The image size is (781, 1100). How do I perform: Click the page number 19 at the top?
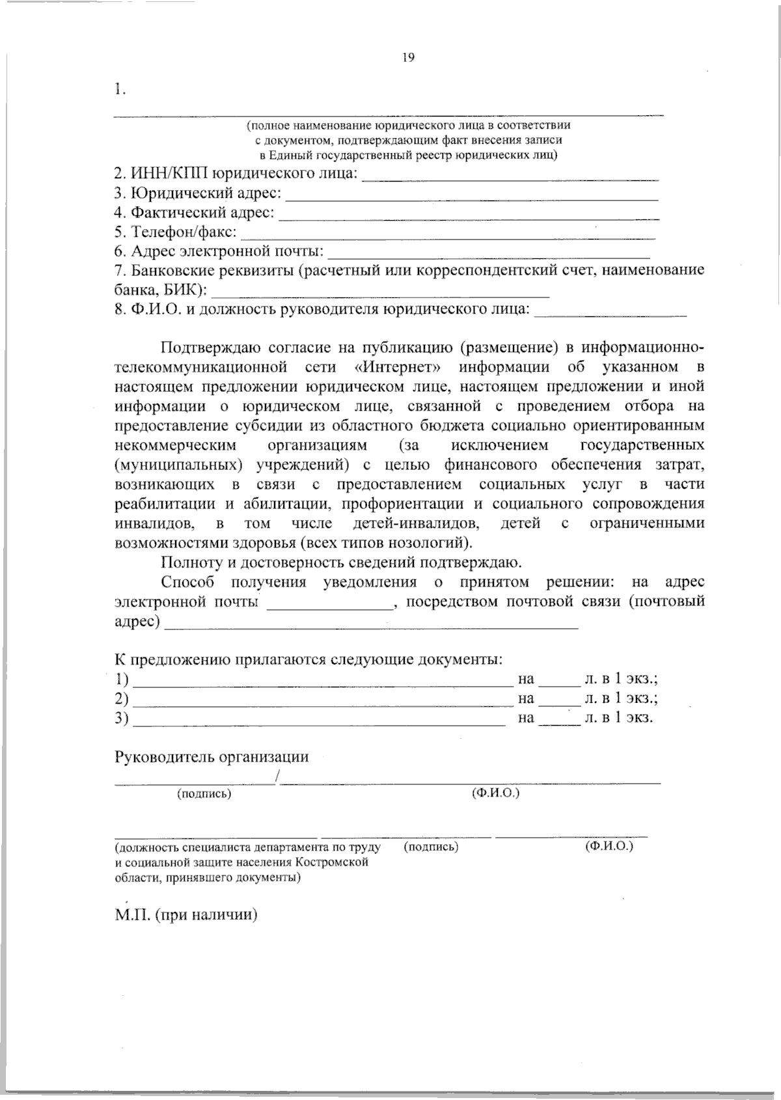[x=408, y=57]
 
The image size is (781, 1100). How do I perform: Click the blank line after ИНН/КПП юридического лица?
[x=509, y=177]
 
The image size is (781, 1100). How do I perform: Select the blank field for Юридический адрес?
[x=472, y=197]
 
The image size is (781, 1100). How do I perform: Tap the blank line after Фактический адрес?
[x=469, y=216]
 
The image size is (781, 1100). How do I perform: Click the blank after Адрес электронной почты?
[x=489, y=254]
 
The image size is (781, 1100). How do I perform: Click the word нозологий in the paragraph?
[x=428, y=542]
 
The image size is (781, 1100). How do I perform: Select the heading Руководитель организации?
[x=212, y=757]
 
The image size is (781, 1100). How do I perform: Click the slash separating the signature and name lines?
[x=278, y=777]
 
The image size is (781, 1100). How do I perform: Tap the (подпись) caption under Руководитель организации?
[x=204, y=794]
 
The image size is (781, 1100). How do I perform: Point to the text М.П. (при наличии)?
[x=186, y=915]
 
